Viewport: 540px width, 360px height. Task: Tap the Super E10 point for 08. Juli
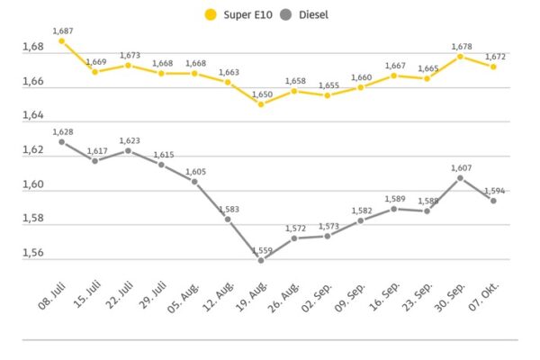pos(61,40)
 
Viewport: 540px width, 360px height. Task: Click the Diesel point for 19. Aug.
pos(261,259)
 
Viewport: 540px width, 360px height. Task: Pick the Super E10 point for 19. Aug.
pos(261,103)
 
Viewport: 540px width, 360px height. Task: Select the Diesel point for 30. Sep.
pos(460,177)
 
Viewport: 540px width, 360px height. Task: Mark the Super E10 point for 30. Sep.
pos(460,56)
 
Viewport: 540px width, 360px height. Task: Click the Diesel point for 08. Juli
pos(61,141)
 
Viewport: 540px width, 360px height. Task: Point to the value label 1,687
pos(61,31)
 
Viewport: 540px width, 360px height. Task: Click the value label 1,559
pos(261,249)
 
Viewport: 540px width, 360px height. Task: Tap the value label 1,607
pos(460,167)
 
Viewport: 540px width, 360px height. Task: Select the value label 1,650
pos(261,94)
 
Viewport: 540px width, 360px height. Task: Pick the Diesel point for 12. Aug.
pos(228,219)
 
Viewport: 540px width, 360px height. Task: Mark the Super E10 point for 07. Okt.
pos(493,66)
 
